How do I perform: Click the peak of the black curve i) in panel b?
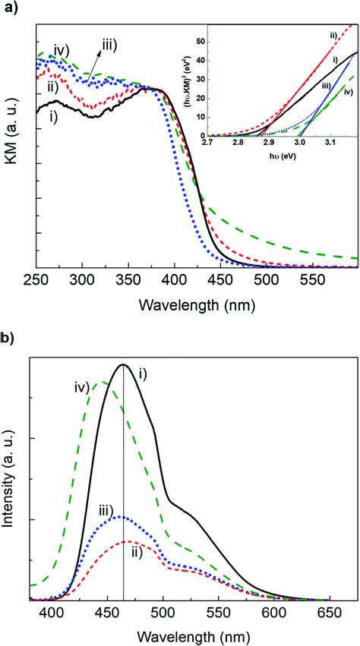(123, 365)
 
